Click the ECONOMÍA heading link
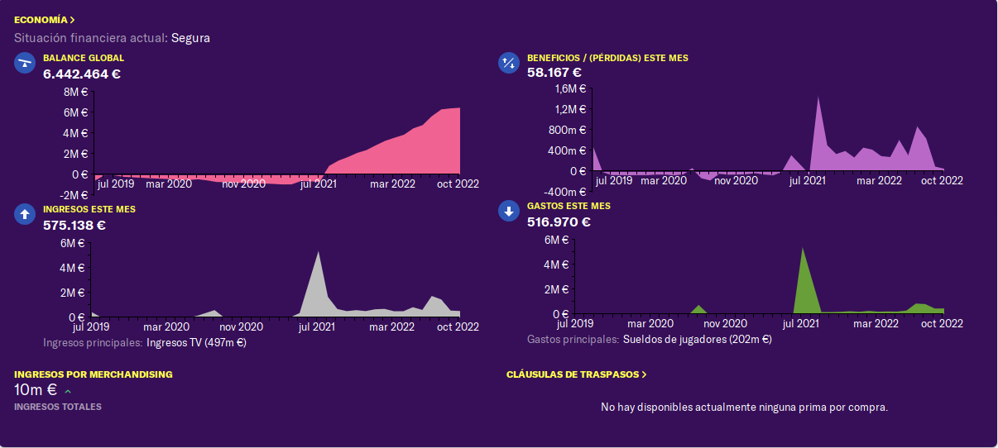click(44, 20)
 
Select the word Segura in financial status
click(190, 38)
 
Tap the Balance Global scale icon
click(25, 63)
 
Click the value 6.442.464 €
click(82, 74)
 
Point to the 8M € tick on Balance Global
click(76, 92)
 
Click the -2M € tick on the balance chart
click(74, 195)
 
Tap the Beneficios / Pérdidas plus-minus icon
click(509, 63)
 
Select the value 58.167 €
click(554, 73)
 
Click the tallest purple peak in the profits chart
click(818, 97)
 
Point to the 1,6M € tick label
click(570, 89)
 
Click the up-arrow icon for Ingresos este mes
click(25, 214)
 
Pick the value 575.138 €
click(74, 226)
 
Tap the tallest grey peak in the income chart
click(318, 253)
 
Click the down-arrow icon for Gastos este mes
click(509, 211)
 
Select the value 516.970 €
click(559, 222)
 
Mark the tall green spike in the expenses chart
click(803, 249)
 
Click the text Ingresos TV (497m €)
click(196, 343)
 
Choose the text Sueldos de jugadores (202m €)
click(698, 340)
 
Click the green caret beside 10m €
click(68, 392)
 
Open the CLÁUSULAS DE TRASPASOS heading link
click(576, 374)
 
